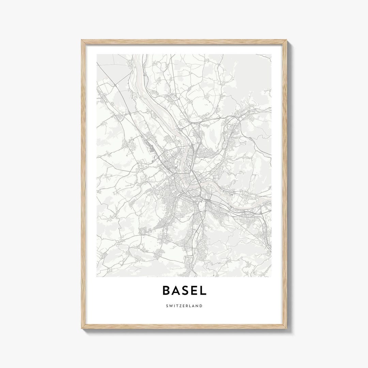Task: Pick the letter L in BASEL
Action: [203, 290]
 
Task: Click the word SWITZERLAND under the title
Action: [184, 306]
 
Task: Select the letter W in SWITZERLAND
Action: [171, 306]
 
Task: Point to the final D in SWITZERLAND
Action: [201, 306]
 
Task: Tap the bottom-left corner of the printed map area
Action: [97, 276]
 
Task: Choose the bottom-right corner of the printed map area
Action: [272, 276]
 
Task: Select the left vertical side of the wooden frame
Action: [83, 184]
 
